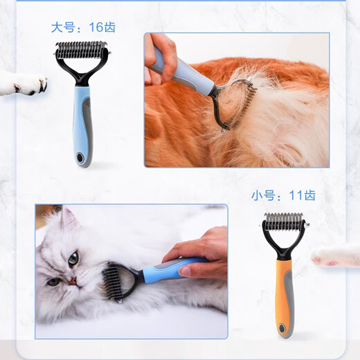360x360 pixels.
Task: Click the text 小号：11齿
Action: (282, 195)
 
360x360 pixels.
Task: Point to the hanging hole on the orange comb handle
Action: (283, 323)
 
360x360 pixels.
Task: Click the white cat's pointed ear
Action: (67, 219)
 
